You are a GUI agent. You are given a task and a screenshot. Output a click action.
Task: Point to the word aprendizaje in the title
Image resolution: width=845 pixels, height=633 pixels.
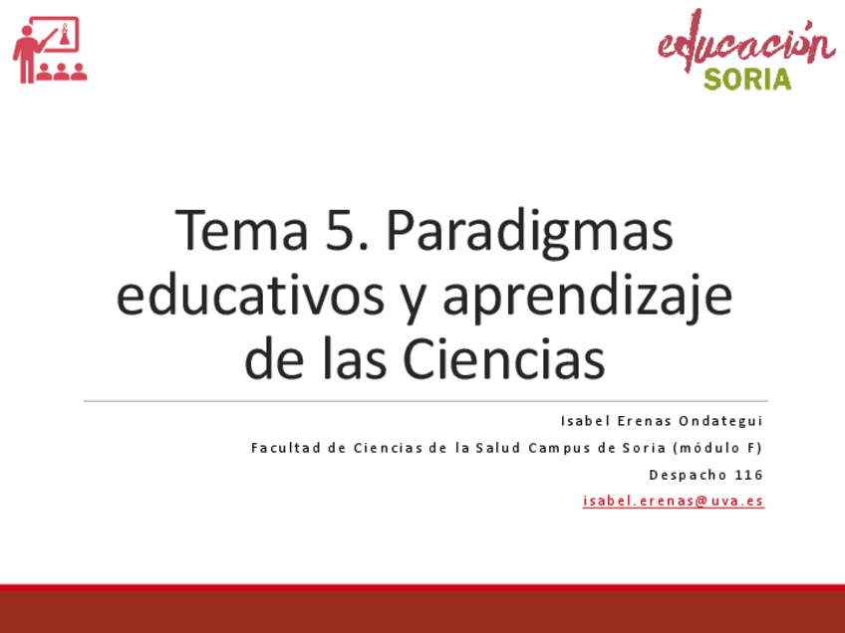pyautogui.click(x=588, y=299)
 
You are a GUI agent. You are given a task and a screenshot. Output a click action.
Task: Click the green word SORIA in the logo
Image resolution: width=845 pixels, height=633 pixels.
pyautogui.click(x=746, y=79)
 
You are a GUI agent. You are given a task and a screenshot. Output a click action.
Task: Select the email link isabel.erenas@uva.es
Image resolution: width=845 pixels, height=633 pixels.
pyautogui.click(x=673, y=501)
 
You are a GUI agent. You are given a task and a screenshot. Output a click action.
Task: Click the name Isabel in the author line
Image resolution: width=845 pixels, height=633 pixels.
pyautogui.click(x=585, y=421)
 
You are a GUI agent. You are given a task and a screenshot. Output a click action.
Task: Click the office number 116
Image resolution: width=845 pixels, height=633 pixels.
pyautogui.click(x=748, y=475)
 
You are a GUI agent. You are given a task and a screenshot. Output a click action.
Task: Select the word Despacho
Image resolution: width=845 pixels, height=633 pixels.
pyautogui.click(x=688, y=475)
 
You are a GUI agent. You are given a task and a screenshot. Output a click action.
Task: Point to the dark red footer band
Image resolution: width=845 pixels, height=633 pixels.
pyautogui.click(x=422, y=611)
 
